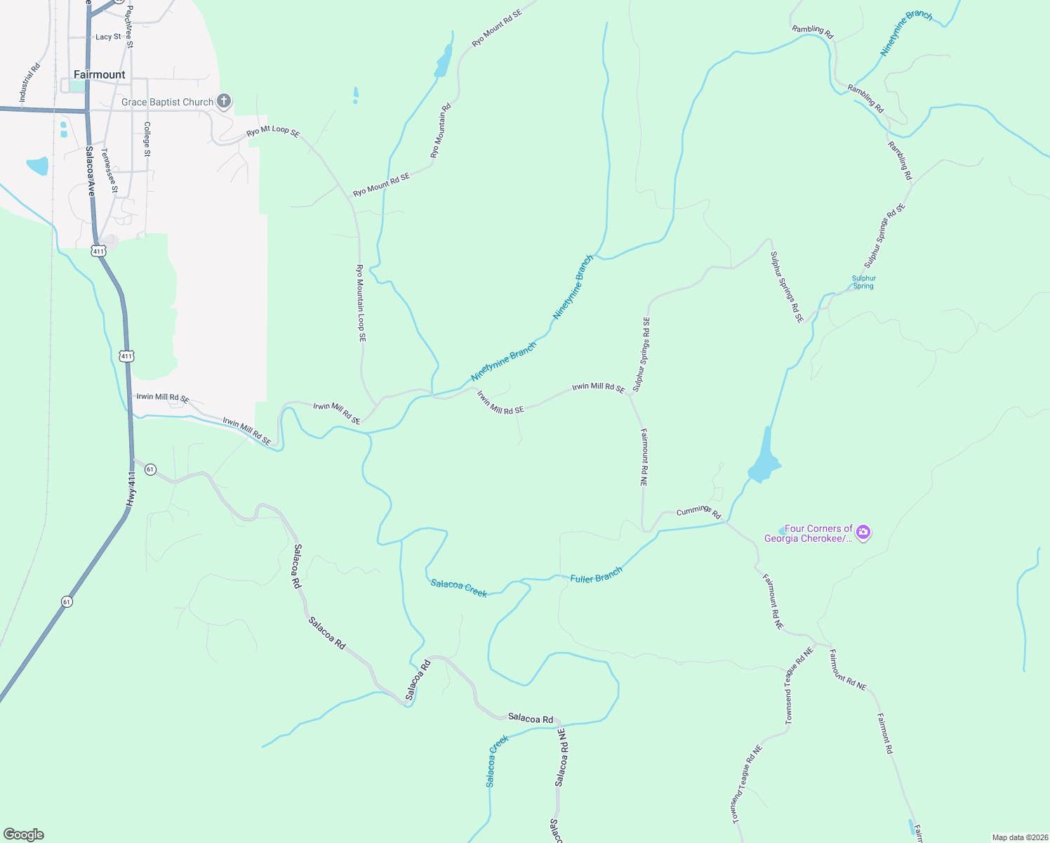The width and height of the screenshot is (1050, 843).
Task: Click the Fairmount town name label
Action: [100, 74]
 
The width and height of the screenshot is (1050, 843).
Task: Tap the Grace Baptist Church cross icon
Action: [224, 102]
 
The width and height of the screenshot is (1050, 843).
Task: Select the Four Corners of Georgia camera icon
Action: [864, 532]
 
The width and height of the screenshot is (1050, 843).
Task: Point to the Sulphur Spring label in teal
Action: [864, 282]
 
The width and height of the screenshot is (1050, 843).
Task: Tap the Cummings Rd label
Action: [698, 512]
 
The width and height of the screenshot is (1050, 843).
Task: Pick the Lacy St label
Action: [108, 37]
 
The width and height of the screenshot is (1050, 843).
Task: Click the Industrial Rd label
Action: [30, 84]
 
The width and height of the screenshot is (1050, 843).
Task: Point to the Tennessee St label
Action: [109, 171]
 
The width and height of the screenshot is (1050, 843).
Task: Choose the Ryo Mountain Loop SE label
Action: [361, 303]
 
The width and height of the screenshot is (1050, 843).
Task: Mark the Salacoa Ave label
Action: [90, 171]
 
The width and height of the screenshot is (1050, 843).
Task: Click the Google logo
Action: [23, 835]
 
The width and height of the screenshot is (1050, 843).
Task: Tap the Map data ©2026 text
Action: [1018, 837]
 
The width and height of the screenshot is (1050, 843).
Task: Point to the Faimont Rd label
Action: [885, 733]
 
